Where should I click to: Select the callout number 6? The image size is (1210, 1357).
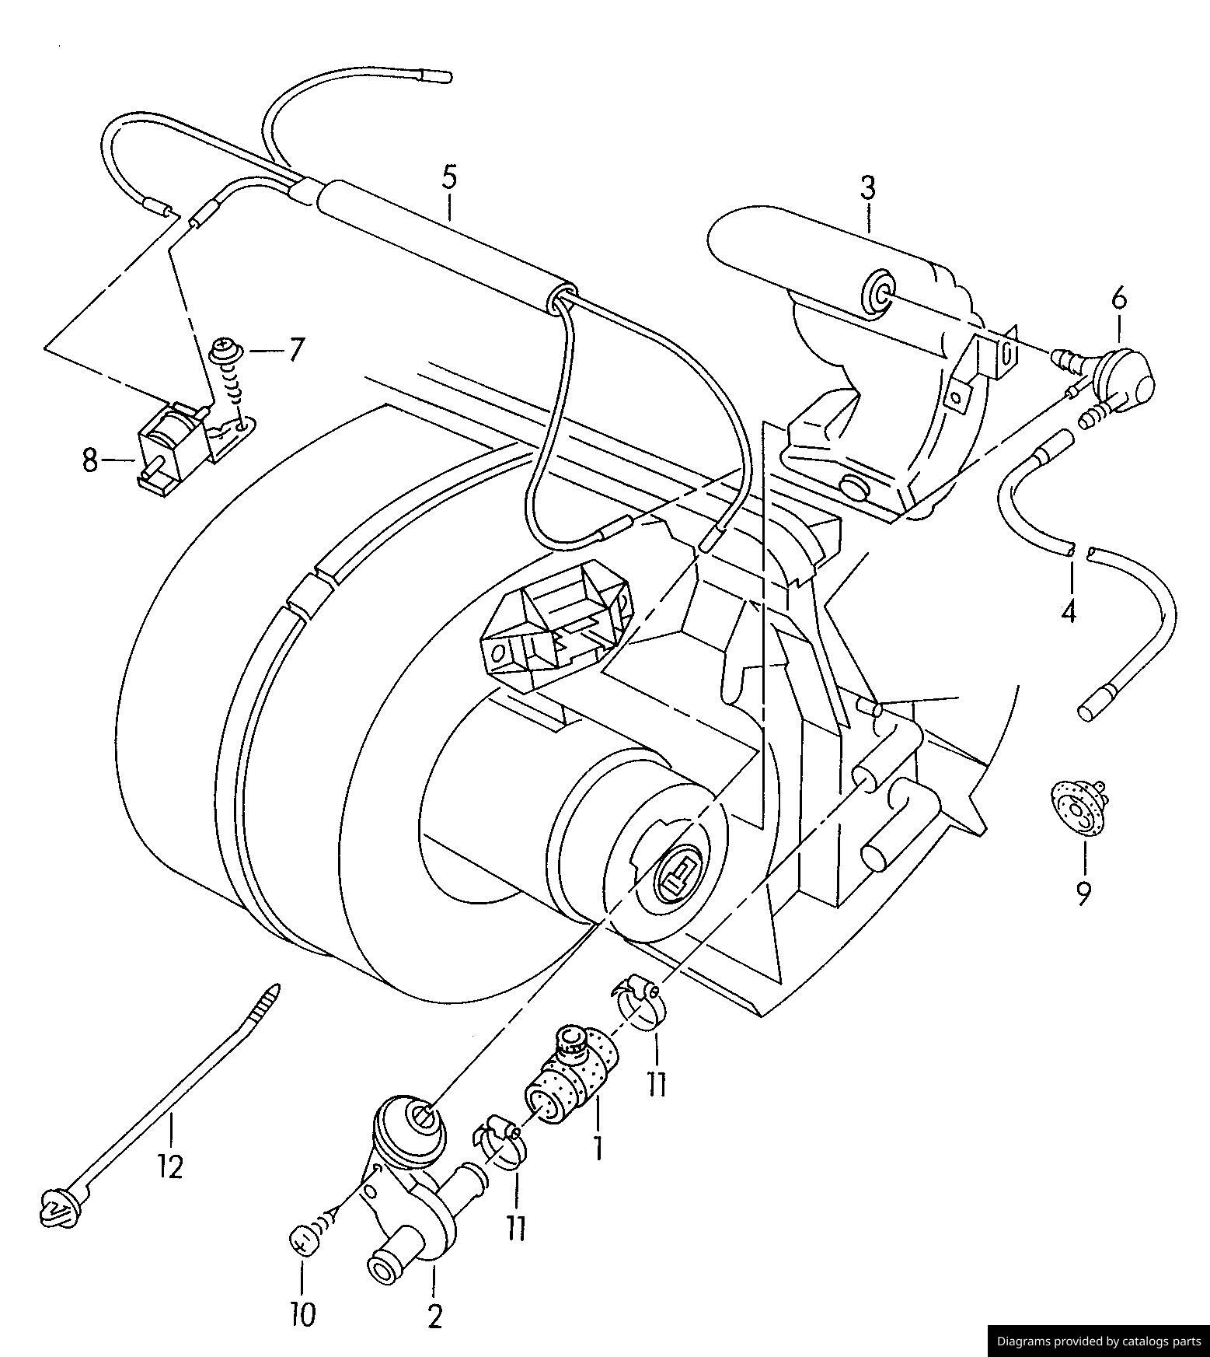1118,298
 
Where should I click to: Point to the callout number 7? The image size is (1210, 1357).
296,350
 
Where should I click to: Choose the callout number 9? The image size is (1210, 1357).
1083,893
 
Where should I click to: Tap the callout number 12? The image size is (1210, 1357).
169,1166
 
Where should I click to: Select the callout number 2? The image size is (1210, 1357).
434,1317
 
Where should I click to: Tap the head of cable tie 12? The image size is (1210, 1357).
56,1207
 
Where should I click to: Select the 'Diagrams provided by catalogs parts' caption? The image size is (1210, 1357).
1099,1341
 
